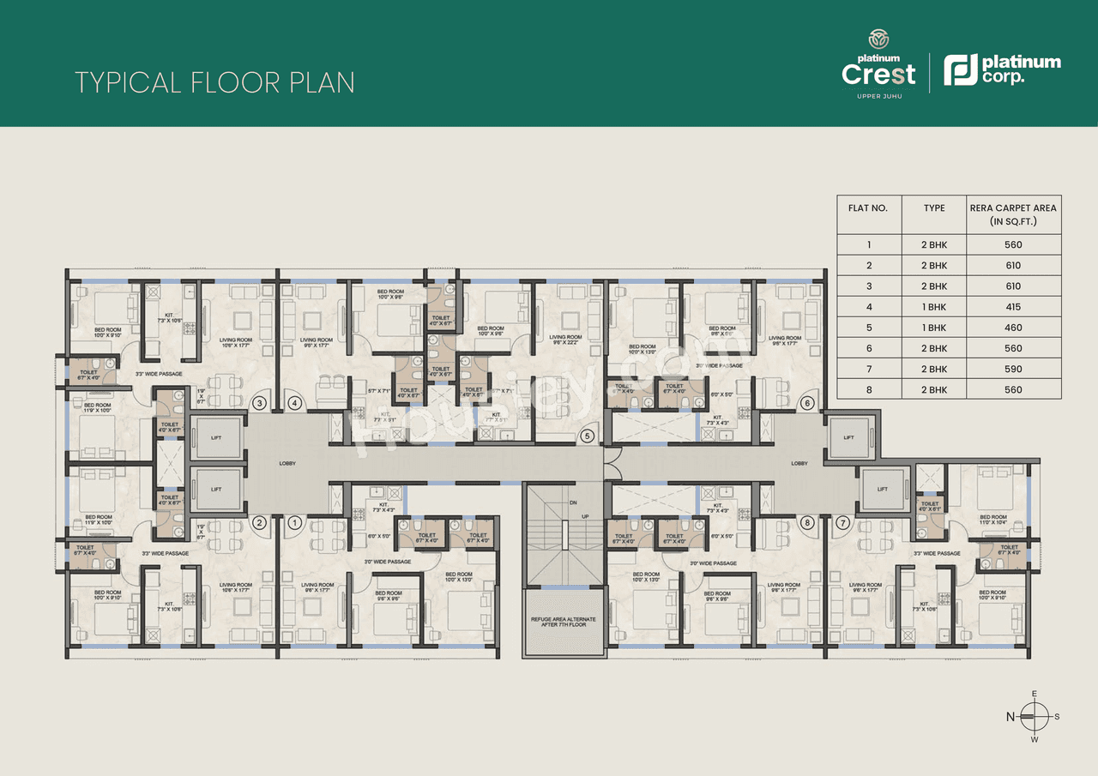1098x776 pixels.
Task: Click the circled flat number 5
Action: [x=588, y=436]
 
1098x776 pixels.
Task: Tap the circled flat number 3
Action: [x=259, y=402]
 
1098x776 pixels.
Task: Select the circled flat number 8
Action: [x=806, y=521]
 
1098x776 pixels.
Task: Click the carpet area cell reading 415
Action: [x=1013, y=307]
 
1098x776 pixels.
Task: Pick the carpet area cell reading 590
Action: [x=1013, y=369]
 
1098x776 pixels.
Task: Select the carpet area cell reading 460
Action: [x=1013, y=328]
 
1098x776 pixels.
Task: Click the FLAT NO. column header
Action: [x=868, y=208]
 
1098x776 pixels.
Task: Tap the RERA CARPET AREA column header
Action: [x=1013, y=214]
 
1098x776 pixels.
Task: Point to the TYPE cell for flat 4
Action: [x=934, y=307]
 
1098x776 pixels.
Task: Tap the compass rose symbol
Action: [x=1035, y=716]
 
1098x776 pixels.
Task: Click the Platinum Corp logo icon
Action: [x=960, y=70]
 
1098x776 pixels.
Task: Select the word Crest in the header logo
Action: [x=878, y=74]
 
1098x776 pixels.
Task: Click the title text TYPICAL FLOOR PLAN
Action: [x=214, y=82]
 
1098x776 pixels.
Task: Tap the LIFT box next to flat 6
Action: [x=848, y=437]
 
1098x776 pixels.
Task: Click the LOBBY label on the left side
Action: [x=287, y=463]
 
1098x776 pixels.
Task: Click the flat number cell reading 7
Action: [x=868, y=369]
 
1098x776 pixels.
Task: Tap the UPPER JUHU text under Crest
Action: [x=878, y=95]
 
